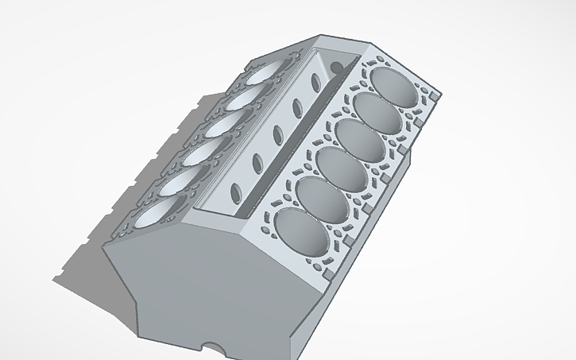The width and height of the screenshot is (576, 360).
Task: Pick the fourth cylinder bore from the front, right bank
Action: [x=359, y=136]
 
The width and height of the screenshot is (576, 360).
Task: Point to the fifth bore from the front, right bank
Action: [x=375, y=110]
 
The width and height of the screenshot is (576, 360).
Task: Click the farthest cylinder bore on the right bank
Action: [x=392, y=85]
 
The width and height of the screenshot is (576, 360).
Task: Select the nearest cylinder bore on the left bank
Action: [x=158, y=214]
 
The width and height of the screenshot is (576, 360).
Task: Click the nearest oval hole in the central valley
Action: [x=236, y=192]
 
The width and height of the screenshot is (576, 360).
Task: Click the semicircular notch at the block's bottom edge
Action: [x=214, y=347]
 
